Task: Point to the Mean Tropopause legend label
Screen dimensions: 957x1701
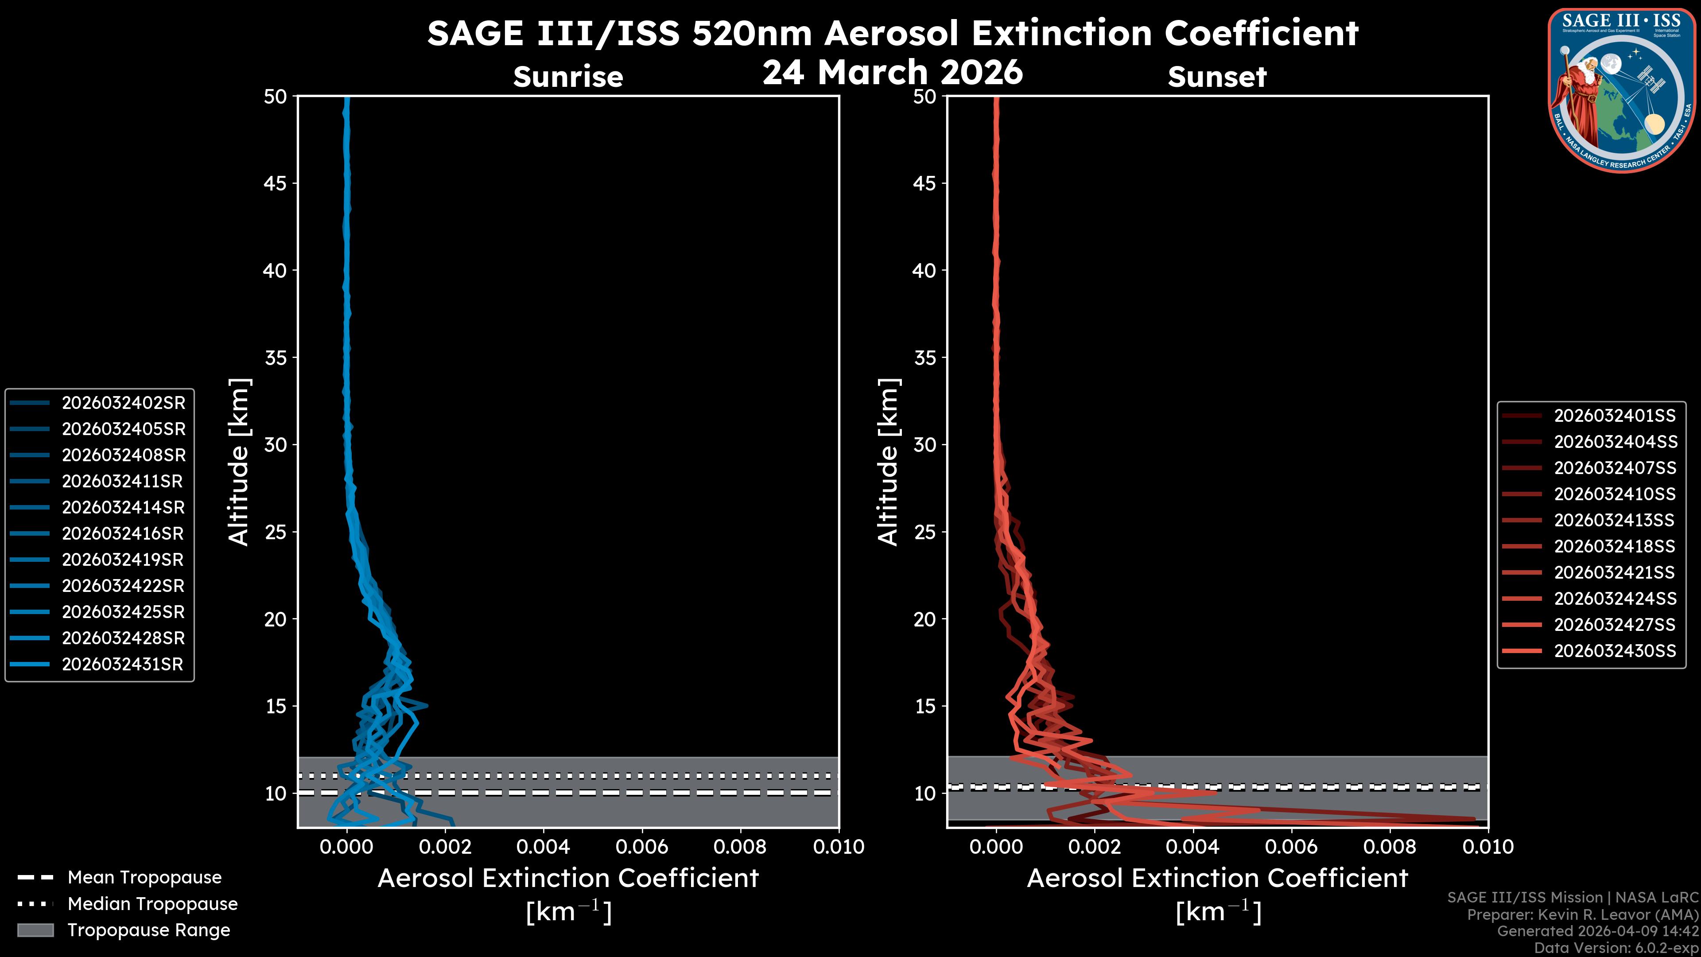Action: [x=144, y=878]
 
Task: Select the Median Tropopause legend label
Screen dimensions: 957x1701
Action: [x=152, y=904]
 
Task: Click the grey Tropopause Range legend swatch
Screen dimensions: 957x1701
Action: [x=35, y=930]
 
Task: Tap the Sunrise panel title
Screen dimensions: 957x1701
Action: [x=568, y=77]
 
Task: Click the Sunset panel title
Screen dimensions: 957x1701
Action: [x=1217, y=77]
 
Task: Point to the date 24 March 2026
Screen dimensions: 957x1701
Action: [x=892, y=73]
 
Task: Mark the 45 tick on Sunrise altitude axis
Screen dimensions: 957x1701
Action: [x=276, y=183]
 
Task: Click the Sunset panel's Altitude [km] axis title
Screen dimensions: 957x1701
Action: [x=889, y=462]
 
